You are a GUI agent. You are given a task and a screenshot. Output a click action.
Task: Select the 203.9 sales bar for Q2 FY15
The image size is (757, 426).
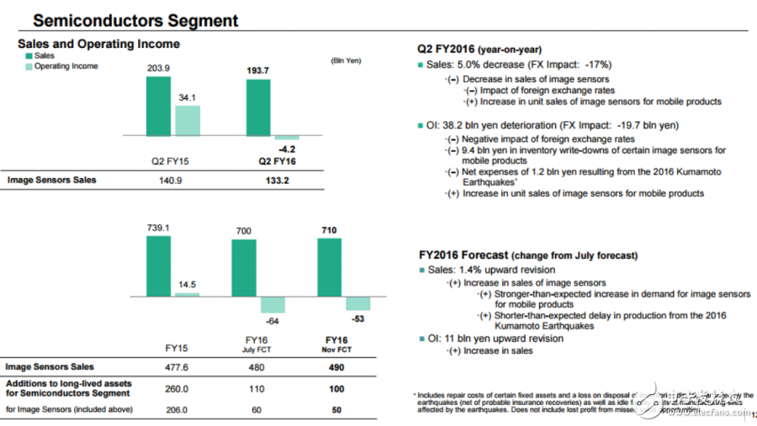(157, 106)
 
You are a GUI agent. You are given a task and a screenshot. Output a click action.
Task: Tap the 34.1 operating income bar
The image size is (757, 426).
(188, 120)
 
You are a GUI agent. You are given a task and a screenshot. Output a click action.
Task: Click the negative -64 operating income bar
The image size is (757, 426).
(273, 305)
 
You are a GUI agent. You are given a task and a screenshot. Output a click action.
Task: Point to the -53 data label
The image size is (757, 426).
(357, 318)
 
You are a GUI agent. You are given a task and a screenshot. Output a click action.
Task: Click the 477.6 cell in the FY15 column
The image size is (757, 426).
(176, 367)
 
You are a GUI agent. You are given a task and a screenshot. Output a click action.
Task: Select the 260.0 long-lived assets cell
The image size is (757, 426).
(176, 389)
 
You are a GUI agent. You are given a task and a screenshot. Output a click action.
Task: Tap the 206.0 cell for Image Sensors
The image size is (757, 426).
(176, 410)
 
